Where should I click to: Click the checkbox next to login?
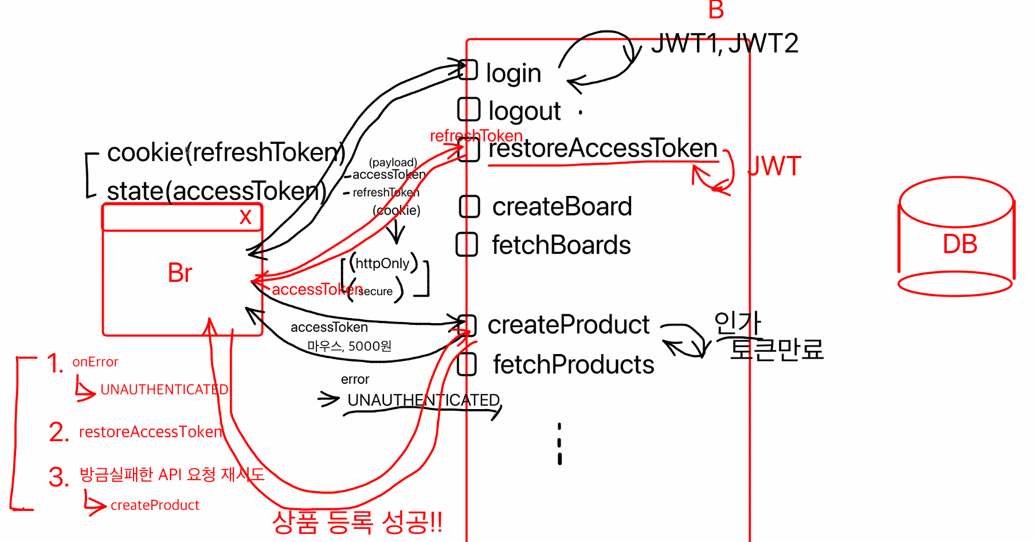pyautogui.click(x=468, y=70)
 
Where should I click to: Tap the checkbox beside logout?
pyautogui.click(x=468, y=109)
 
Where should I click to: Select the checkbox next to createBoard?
pyautogui.click(x=469, y=207)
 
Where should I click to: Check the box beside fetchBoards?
pyautogui.click(x=467, y=245)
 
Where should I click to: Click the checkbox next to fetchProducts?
pyautogui.click(x=467, y=364)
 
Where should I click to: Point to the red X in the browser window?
pyautogui.click(x=245, y=217)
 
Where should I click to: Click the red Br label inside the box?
pyautogui.click(x=180, y=273)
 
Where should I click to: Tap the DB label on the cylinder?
pyautogui.click(x=959, y=245)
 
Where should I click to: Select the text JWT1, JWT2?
pyautogui.click(x=724, y=44)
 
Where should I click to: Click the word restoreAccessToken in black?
pyautogui.click(x=602, y=148)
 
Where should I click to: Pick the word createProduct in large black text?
pyautogui.click(x=568, y=325)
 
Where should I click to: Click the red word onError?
pyautogui.click(x=95, y=362)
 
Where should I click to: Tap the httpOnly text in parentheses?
pyautogui.click(x=382, y=264)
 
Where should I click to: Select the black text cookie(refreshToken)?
pyautogui.click(x=226, y=152)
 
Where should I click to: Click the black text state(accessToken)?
pyautogui.click(x=217, y=191)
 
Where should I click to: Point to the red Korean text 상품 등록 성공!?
pyautogui.click(x=357, y=521)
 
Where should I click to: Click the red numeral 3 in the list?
pyautogui.click(x=58, y=477)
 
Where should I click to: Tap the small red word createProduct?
pyautogui.click(x=155, y=505)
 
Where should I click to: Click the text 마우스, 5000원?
pyautogui.click(x=349, y=346)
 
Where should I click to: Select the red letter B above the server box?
pyautogui.click(x=716, y=10)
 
